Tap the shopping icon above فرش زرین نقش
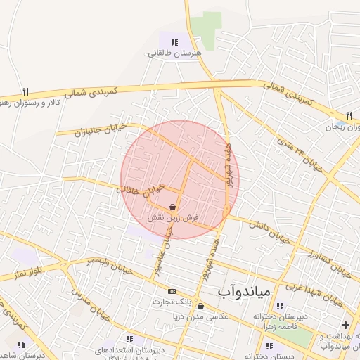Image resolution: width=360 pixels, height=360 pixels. [x=173, y=207]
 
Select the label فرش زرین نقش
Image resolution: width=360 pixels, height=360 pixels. [x=173, y=219]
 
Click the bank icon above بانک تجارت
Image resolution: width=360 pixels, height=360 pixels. [x=172, y=290]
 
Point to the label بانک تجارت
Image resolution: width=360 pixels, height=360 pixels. [x=172, y=302]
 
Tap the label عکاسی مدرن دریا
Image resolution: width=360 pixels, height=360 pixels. [x=202, y=317]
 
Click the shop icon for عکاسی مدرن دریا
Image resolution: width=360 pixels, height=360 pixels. [x=202, y=307]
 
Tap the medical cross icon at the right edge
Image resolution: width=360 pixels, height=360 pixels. [x=345, y=326]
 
